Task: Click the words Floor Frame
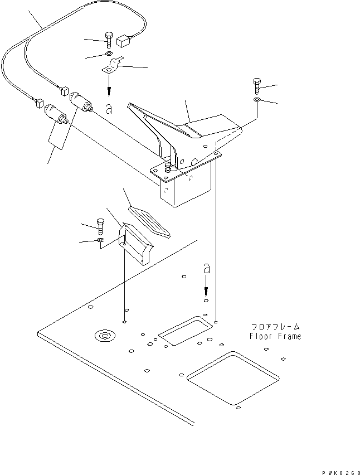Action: (x=275, y=336)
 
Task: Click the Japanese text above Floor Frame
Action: (x=275, y=327)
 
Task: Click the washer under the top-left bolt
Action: (x=107, y=55)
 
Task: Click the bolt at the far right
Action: (x=256, y=85)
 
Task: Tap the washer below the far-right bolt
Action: (x=256, y=100)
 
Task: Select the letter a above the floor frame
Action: (x=206, y=268)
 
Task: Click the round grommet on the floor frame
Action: (x=104, y=335)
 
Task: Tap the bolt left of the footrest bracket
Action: (x=100, y=226)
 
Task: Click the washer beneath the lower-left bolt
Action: (x=100, y=240)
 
